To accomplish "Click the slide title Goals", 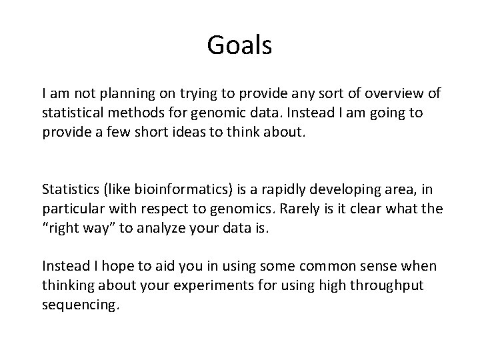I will click(x=239, y=45).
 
